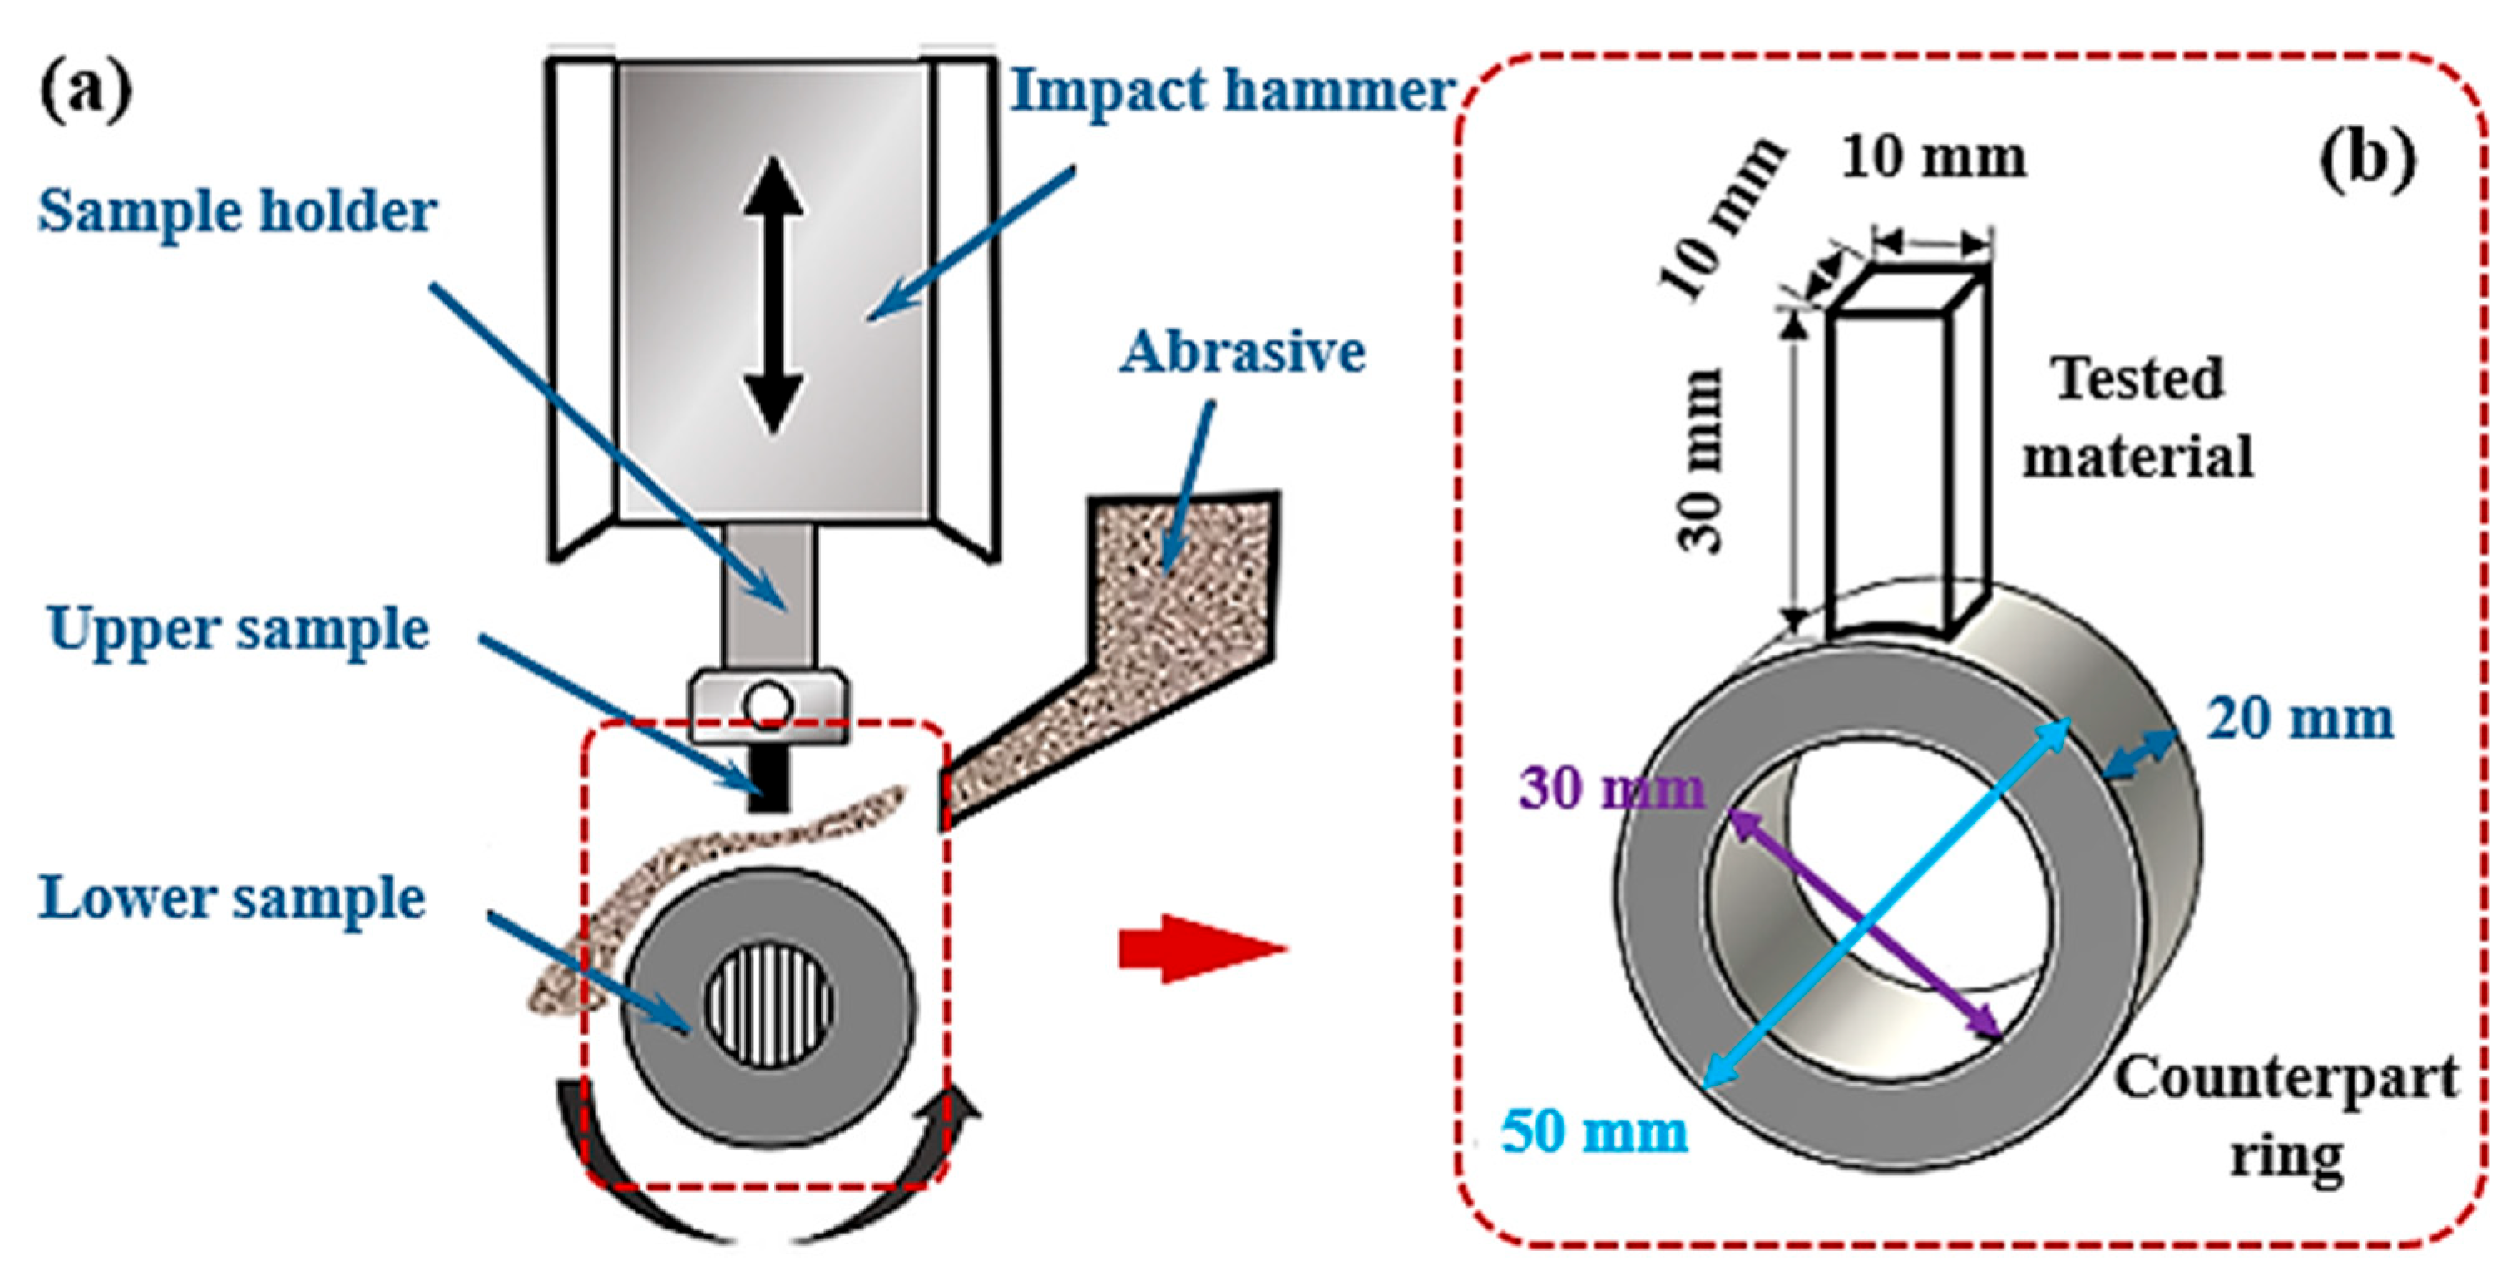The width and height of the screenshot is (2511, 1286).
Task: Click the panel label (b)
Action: tap(2368, 161)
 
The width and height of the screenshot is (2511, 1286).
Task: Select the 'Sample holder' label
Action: tap(237, 210)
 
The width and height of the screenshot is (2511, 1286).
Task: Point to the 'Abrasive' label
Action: tap(1242, 352)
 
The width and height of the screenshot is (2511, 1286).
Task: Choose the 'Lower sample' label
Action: tap(232, 898)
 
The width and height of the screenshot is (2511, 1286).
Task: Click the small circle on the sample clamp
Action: tap(769, 704)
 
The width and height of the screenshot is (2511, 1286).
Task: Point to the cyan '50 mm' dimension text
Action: tap(1594, 1133)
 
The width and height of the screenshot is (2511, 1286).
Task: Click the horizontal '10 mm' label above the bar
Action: tap(1934, 158)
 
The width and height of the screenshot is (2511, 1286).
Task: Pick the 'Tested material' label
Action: tap(2138, 418)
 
